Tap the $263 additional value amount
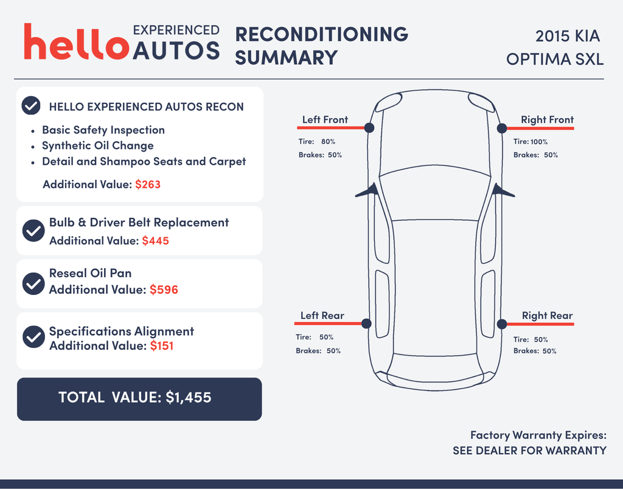point(148,184)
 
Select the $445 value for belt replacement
point(155,241)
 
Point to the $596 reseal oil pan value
point(164,290)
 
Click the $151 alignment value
point(162,345)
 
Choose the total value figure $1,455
point(189,397)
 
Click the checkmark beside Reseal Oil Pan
point(33,283)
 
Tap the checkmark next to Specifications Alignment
point(34,337)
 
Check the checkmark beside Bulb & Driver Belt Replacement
point(33,231)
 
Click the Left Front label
point(325,120)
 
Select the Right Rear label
point(547,316)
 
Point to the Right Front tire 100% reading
point(539,142)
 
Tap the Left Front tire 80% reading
point(328,142)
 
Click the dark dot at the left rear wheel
point(366,324)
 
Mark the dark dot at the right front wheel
point(502,128)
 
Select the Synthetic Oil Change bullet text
point(98,146)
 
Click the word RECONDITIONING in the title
point(322,34)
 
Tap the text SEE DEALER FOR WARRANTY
point(530,451)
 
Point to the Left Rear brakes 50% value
point(334,351)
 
